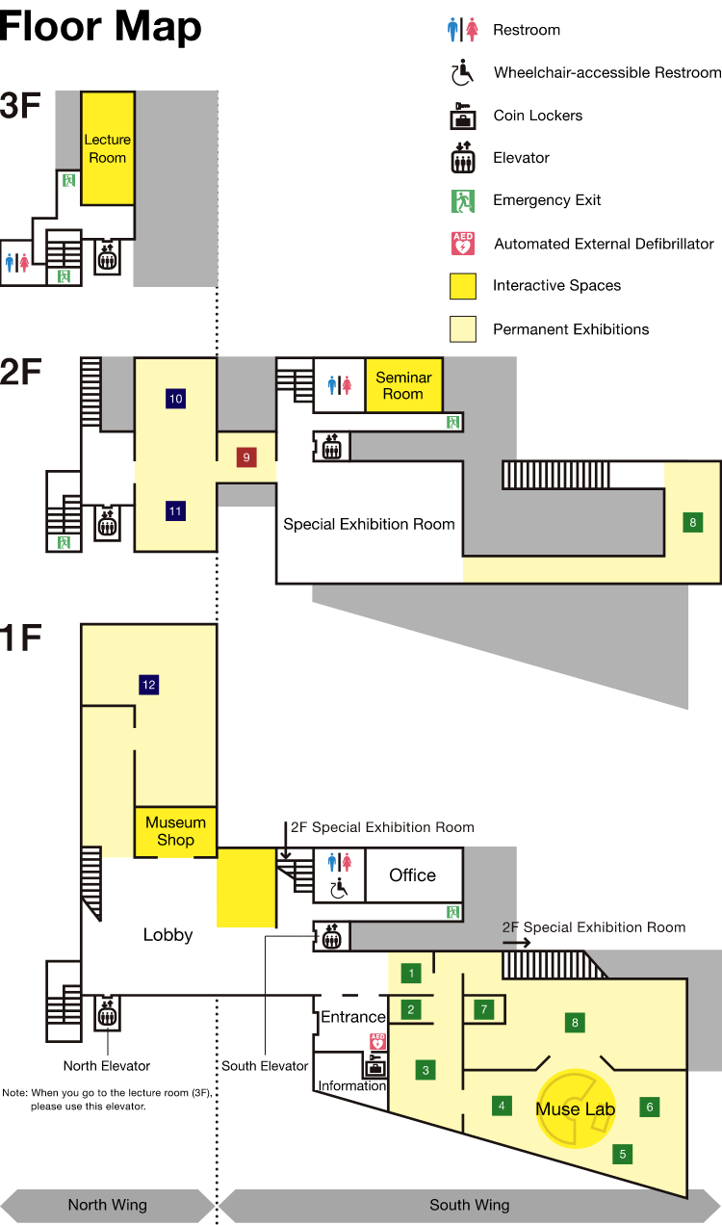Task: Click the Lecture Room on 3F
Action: coord(107,148)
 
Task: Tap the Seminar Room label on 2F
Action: coord(403,385)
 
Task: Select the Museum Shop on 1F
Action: coord(175,831)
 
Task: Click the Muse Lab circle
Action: coord(576,1108)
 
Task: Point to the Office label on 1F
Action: coord(412,874)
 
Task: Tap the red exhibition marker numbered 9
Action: coord(246,457)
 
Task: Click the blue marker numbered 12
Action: coord(148,685)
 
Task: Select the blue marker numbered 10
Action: coord(175,398)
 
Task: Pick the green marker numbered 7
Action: coord(485,1009)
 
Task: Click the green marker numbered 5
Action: coord(623,1153)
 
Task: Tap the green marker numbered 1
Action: coord(412,973)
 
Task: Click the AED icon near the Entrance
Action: coord(378,1041)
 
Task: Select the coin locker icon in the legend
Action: coord(464,116)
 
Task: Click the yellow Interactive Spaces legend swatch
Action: coord(463,286)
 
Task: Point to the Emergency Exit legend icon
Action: coord(464,200)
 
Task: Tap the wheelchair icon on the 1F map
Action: coord(339,889)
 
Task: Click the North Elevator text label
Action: coord(107,1066)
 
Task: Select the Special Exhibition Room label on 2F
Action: coord(369,525)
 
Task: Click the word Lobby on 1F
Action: coord(168,934)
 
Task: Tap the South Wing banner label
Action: coord(470,1205)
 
